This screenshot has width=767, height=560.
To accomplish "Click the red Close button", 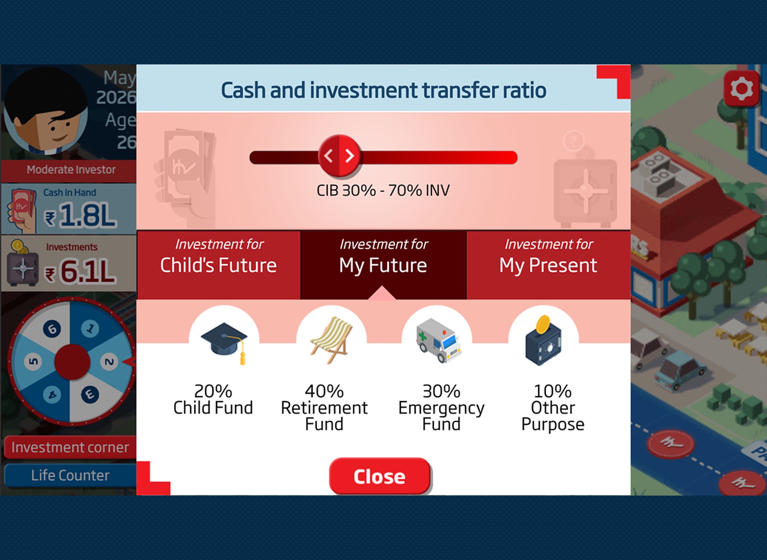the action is coord(380,476).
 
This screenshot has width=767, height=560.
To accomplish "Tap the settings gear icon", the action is coord(742,89).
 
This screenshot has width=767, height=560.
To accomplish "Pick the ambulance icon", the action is coord(438,340).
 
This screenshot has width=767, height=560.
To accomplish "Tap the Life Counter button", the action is coord(70,475).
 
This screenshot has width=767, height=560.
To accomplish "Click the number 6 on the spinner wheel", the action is coord(52,329).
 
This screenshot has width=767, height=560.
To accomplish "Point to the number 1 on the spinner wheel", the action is coord(90,329).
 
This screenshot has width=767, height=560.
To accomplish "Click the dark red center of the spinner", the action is coord(72,362).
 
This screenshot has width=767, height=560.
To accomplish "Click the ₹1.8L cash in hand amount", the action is coord(80,216).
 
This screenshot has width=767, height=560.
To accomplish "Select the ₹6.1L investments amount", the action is coord(80,271).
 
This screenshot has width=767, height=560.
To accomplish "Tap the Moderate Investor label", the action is coord(71,170).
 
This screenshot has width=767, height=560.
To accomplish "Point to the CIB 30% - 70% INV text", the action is coord(383,191).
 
